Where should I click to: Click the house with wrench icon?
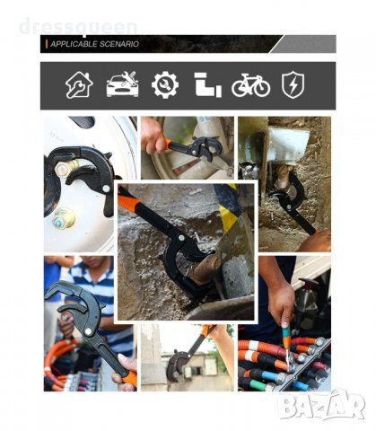point(79,85)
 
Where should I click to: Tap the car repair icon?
point(122,84)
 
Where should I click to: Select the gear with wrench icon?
point(165,85)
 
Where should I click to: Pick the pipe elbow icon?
point(208,84)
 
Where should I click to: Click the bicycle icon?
point(250,85)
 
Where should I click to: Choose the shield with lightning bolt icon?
point(293,84)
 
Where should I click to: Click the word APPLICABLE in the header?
point(74,44)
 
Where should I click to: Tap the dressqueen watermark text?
point(78,27)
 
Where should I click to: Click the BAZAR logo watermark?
point(321,405)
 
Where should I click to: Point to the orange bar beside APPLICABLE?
point(47,44)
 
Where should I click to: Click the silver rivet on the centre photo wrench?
point(181,238)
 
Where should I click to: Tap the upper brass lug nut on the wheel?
point(66,168)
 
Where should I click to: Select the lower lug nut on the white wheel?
point(63,218)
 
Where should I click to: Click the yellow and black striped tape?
point(228,207)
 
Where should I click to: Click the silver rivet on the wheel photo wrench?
point(106,189)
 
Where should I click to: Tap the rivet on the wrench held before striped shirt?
point(88,331)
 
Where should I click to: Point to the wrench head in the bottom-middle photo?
point(176,365)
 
